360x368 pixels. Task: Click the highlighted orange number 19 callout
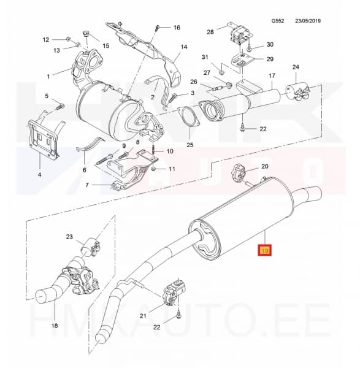click(x=266, y=250)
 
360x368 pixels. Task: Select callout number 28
click(x=210, y=32)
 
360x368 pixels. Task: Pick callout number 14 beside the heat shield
click(x=183, y=47)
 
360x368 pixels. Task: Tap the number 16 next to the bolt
click(x=177, y=28)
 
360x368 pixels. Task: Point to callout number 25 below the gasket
click(x=190, y=145)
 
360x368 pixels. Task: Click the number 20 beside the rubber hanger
click(x=264, y=166)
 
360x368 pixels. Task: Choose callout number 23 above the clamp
click(x=69, y=237)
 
